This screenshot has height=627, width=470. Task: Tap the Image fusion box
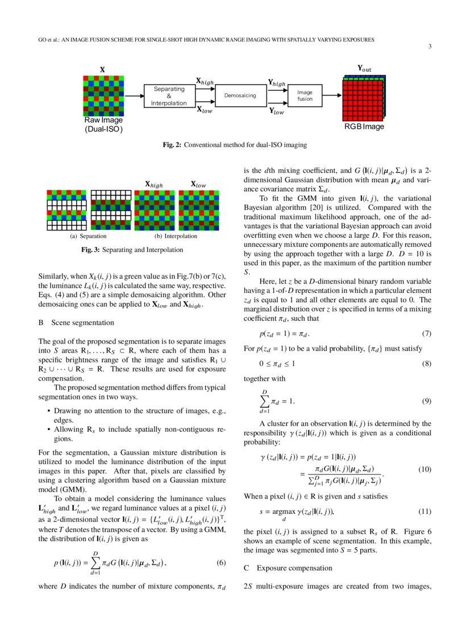(305, 95)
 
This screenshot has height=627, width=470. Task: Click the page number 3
(430, 47)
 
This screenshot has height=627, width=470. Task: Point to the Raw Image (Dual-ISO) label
(103, 124)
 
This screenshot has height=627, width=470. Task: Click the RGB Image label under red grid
(364, 126)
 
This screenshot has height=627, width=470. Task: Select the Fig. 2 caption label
(172, 145)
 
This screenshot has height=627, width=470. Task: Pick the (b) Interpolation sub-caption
(176, 236)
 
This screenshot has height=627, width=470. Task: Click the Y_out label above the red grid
(364, 69)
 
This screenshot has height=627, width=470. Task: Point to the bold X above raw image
(102, 70)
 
